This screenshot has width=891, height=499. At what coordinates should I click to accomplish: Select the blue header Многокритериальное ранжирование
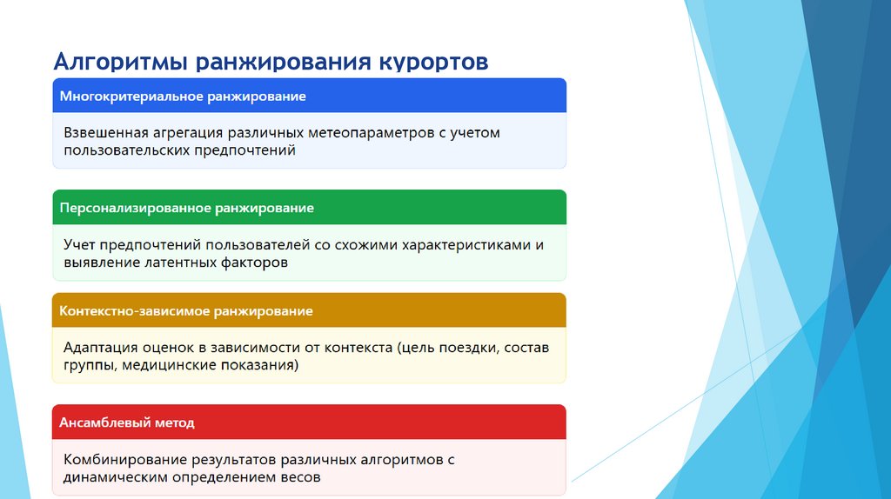point(183,96)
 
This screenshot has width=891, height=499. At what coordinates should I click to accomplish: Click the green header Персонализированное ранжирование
point(186,209)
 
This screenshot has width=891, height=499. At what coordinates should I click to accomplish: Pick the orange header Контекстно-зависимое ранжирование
point(185,311)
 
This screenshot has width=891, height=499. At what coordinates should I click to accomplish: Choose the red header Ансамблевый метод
point(127,423)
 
